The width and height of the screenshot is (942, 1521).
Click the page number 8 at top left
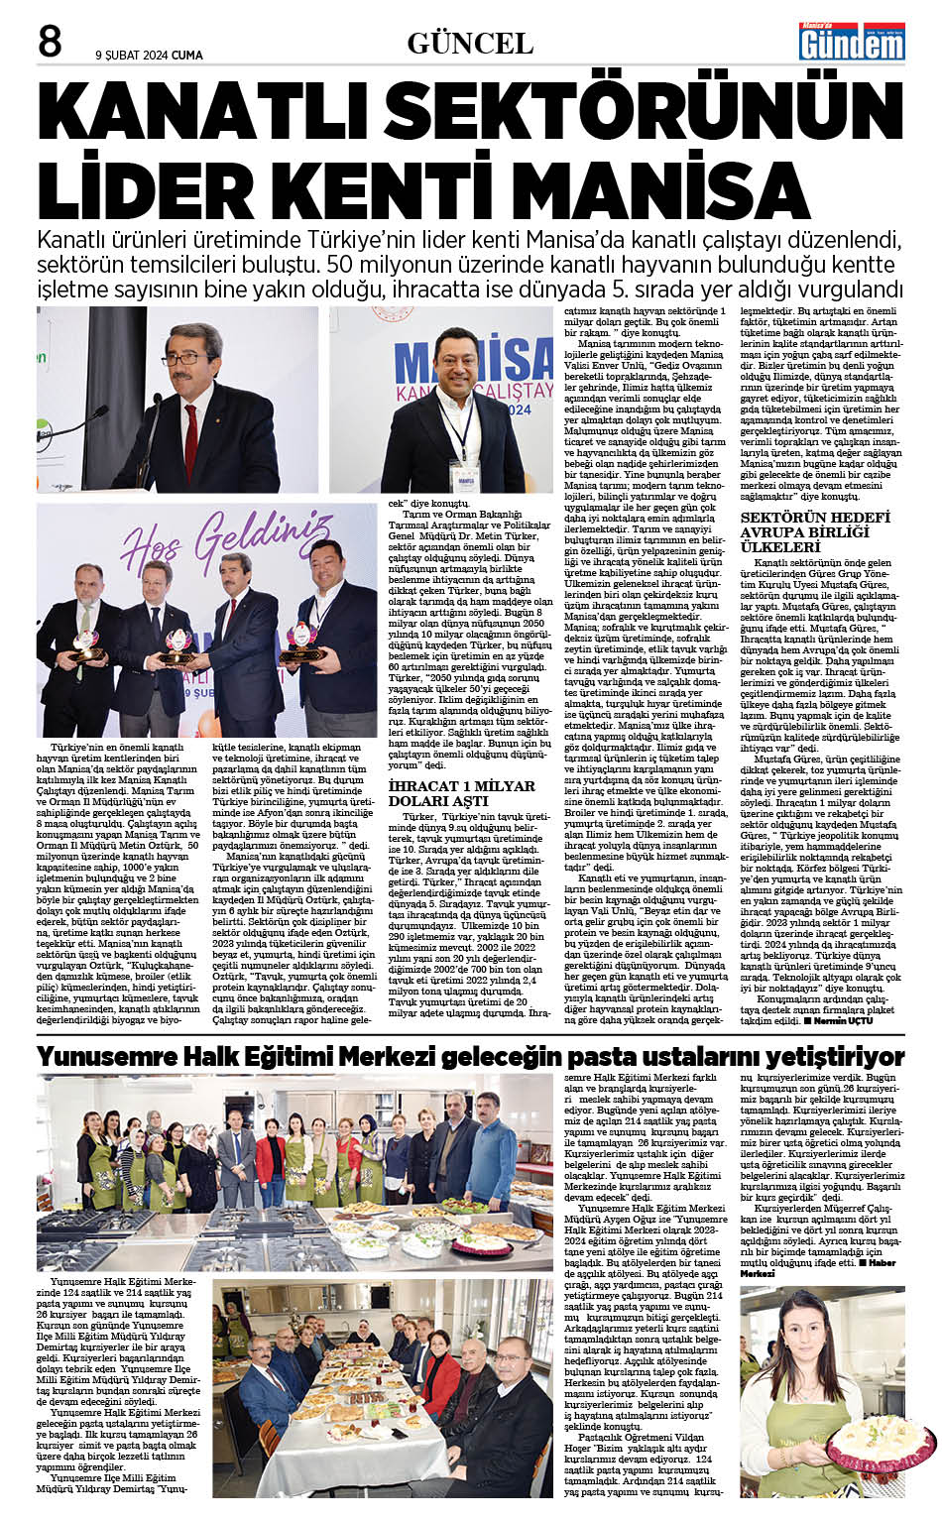[x=50, y=42]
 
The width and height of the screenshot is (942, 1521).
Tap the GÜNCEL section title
[x=470, y=43]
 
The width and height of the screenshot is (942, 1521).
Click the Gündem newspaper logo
[x=852, y=41]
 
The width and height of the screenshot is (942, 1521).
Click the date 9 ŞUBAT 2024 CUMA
[x=149, y=56]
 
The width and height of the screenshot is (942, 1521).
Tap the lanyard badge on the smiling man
[x=463, y=474]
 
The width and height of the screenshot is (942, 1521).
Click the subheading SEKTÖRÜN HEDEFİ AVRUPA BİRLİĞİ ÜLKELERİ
[x=815, y=532]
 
